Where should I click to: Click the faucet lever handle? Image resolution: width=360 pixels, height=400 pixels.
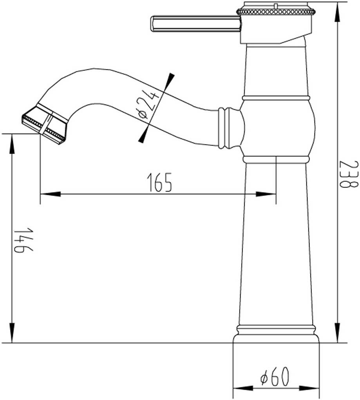195,24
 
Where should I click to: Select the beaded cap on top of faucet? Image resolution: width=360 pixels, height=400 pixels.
276,10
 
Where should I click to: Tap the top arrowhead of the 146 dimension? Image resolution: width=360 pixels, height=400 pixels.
12,143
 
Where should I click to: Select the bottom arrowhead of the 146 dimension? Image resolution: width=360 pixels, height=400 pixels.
12,333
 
